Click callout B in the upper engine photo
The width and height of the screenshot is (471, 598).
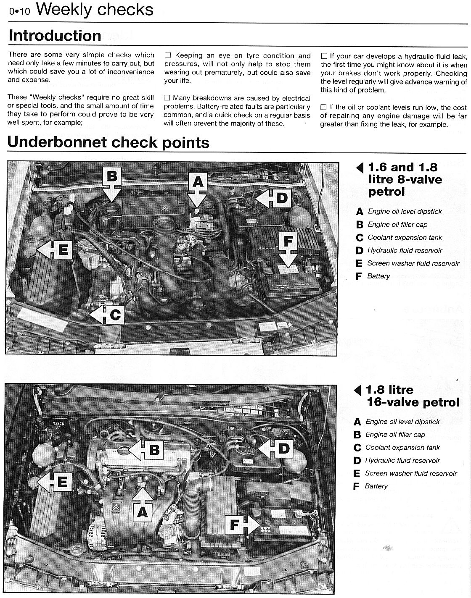(x=112, y=176)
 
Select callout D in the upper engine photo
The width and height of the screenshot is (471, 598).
(x=281, y=198)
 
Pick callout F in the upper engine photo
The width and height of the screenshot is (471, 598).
(x=288, y=241)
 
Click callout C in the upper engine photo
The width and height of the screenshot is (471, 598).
(x=115, y=315)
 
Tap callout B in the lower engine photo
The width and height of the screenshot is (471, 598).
(x=154, y=450)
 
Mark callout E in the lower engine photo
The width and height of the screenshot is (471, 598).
(x=61, y=482)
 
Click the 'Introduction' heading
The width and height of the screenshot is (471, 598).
(x=55, y=36)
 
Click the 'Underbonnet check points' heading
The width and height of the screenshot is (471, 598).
(x=108, y=142)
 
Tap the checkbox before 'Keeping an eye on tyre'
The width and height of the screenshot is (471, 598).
(x=168, y=55)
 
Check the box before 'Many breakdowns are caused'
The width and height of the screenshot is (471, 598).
(x=168, y=98)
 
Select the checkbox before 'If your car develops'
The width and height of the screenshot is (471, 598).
(x=324, y=56)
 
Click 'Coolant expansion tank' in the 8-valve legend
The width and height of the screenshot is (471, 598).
(x=405, y=237)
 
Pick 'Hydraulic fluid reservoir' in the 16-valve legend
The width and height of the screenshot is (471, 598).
(x=402, y=460)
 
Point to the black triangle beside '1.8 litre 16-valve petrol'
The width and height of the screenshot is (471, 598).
(x=358, y=391)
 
